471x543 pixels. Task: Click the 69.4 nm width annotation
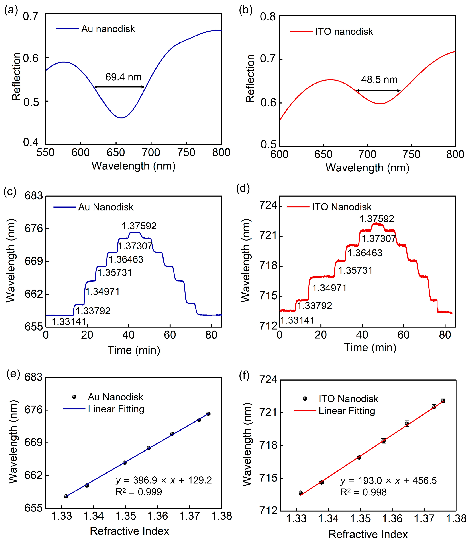(x=123, y=77)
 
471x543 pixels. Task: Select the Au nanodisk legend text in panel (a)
(x=108, y=29)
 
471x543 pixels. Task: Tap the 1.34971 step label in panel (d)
(x=329, y=288)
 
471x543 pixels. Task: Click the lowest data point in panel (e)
(x=66, y=496)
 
